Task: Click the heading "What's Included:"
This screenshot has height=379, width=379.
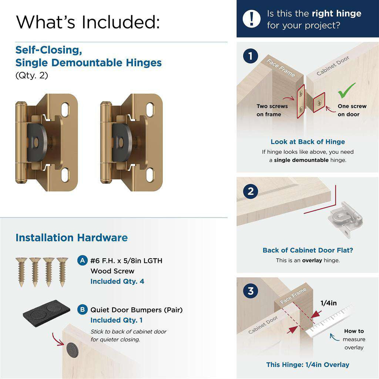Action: coord(88,22)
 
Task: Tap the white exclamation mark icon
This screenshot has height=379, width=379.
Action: coord(252,19)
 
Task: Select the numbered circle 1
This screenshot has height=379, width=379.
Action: coord(251,57)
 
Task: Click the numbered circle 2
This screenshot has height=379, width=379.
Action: coord(251,192)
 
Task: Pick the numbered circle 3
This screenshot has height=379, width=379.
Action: coord(251,291)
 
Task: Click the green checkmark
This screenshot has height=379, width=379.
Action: coord(347,90)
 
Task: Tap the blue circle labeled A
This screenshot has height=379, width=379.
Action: coord(83,261)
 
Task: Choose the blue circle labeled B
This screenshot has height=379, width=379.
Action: coord(83,309)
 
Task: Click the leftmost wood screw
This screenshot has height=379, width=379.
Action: coord(21,271)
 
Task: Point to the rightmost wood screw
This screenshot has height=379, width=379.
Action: coord(62,271)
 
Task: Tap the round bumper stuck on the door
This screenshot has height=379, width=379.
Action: coord(72,349)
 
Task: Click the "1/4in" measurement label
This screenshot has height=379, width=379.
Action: coord(328,303)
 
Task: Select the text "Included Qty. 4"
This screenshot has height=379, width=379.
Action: coord(117,281)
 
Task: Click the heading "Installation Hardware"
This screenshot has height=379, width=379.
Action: coord(71,238)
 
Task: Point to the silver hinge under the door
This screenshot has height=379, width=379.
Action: coord(345,218)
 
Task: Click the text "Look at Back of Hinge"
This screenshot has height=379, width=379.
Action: coord(308,142)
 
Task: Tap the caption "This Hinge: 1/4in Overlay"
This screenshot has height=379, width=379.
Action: coord(308,365)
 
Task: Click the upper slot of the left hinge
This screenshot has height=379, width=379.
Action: coord(65,108)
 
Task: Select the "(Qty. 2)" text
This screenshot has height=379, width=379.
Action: coord(31,76)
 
